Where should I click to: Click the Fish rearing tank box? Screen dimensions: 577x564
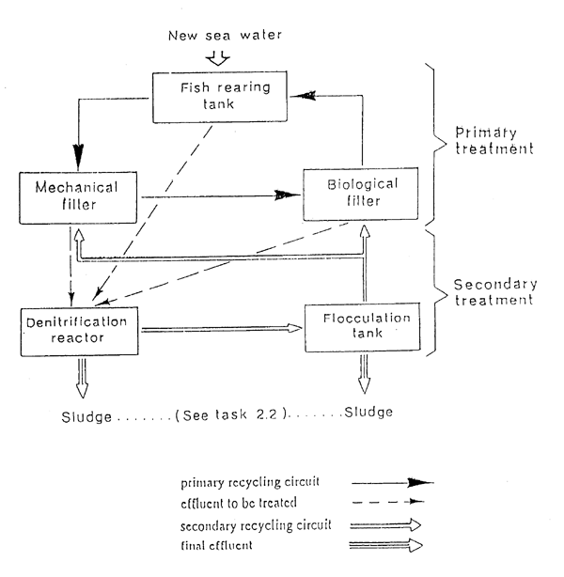click(211, 96)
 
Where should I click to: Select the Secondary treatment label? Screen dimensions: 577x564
click(495, 293)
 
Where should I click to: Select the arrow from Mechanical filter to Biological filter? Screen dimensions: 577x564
click(221, 196)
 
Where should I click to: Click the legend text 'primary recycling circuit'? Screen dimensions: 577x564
click(248, 483)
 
